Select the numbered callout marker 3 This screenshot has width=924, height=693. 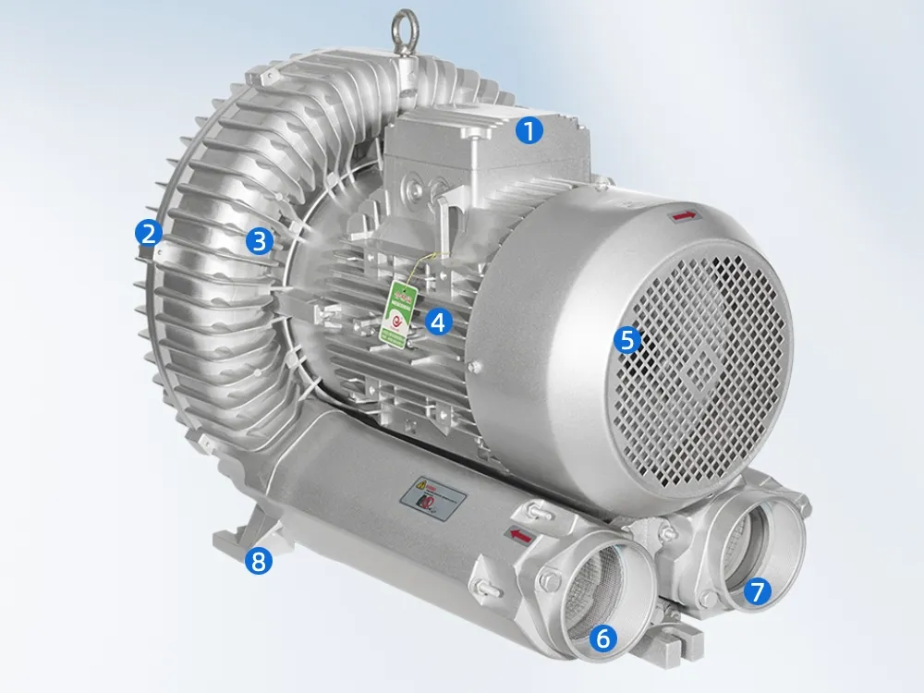click(260, 241)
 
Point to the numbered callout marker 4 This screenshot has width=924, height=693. click(439, 321)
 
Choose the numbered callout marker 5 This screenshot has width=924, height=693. click(627, 339)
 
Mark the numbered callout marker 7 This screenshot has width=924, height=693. click(757, 591)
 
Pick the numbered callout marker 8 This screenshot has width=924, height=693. click(260, 561)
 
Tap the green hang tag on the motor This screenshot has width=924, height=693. click(400, 309)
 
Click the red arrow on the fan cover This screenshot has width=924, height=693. click(684, 215)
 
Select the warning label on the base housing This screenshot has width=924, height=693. click(430, 500)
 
